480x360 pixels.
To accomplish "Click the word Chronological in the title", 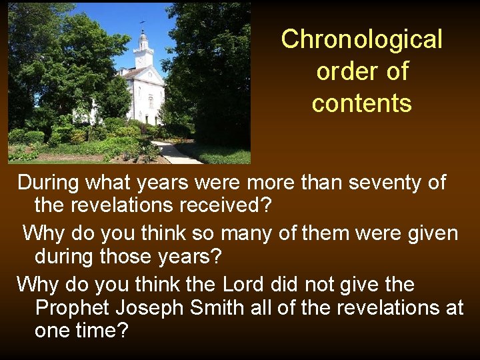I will point(361,39).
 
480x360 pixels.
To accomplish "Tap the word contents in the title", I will point(361,103).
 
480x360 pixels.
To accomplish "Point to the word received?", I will point(225,206).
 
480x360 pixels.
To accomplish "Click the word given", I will point(429,233).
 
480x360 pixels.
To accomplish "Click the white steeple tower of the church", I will point(143,50).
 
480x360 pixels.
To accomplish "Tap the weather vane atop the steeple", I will point(142,25).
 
